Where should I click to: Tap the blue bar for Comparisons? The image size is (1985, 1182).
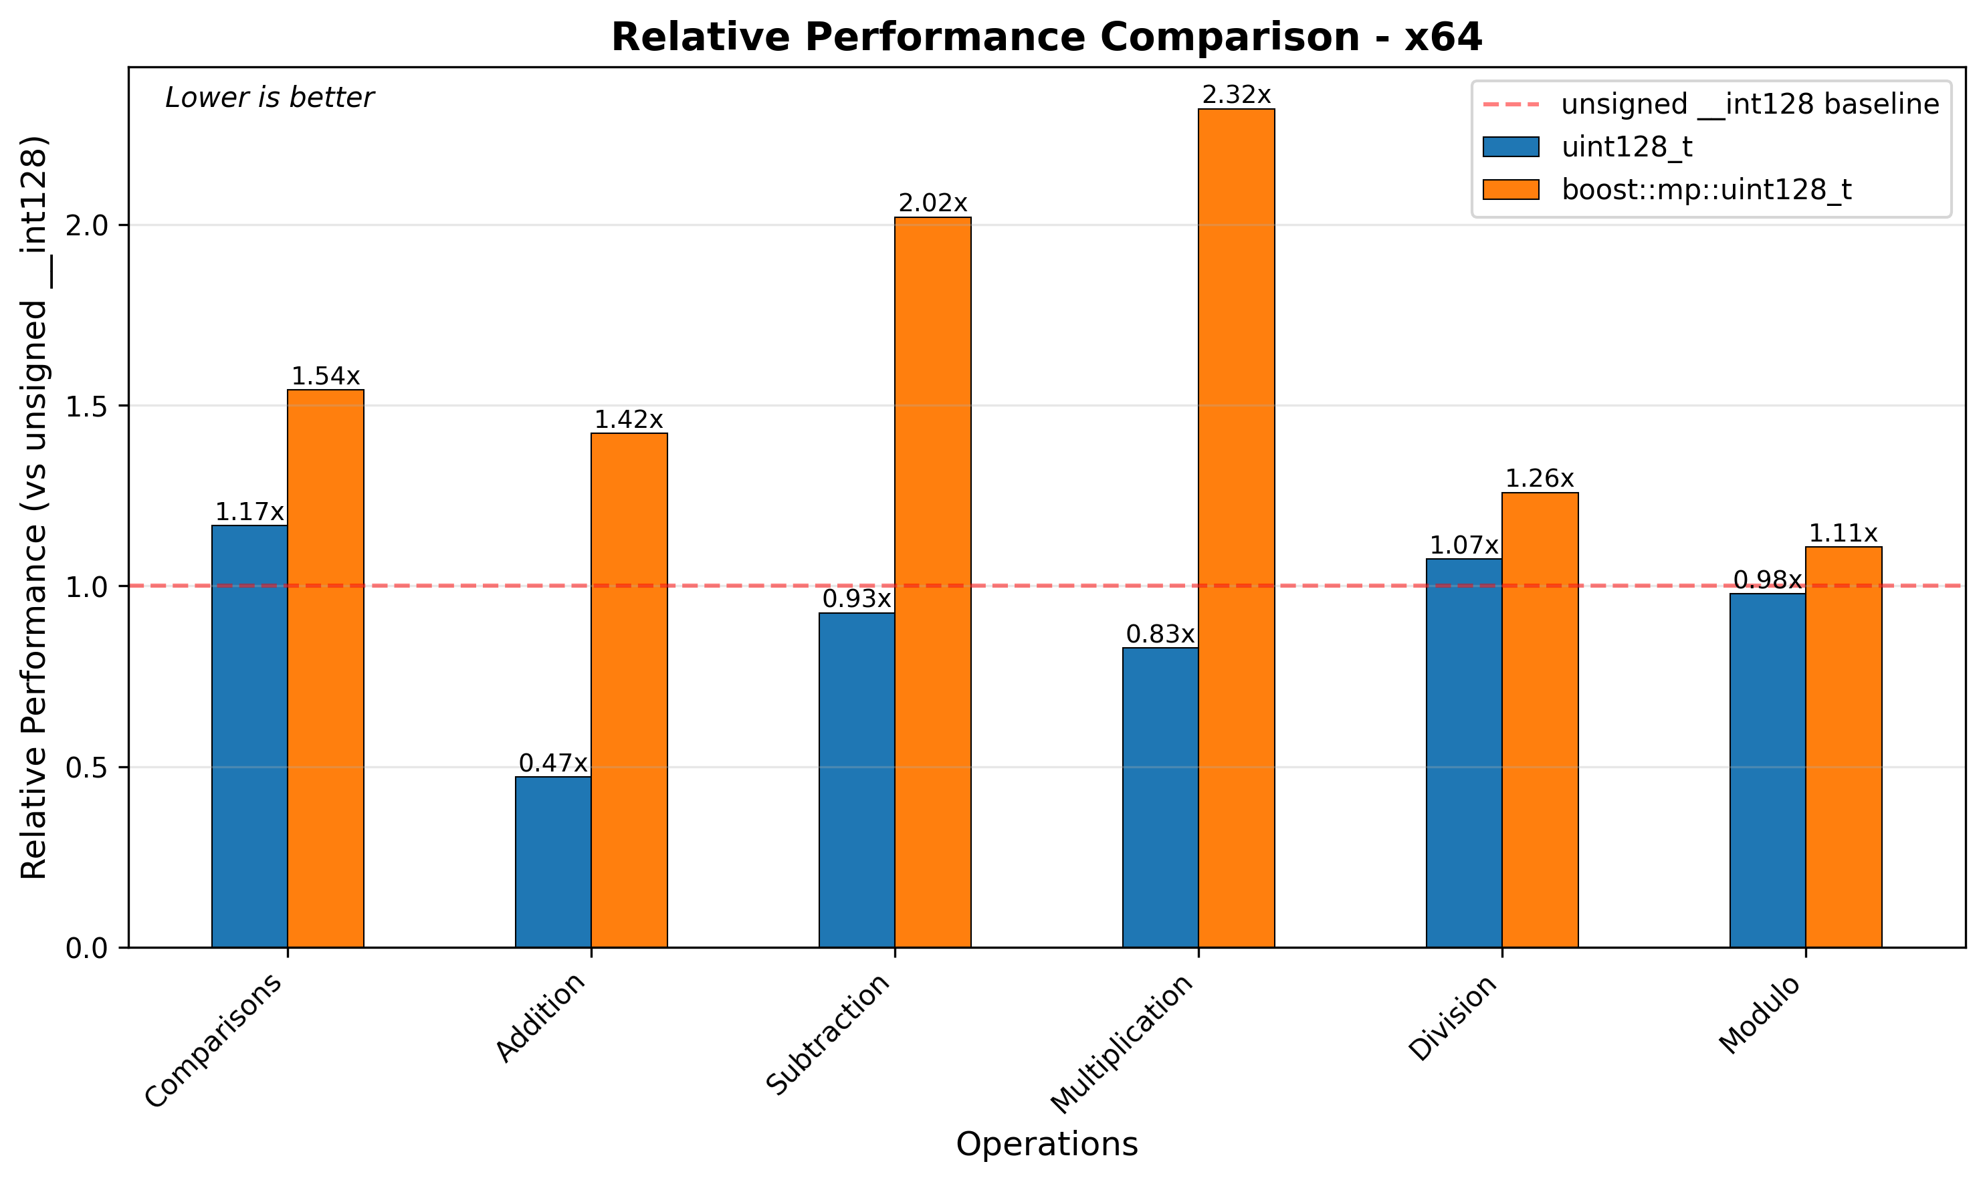(249, 736)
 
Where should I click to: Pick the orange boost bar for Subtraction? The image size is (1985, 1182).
(933, 582)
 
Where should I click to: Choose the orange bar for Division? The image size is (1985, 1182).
(1540, 720)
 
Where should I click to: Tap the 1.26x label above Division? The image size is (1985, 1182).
(1540, 479)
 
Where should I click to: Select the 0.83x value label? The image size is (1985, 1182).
(1160, 635)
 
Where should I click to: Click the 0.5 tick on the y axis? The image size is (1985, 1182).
(96, 767)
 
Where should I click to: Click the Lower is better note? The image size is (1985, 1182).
(270, 98)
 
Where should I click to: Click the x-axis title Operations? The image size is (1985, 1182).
(1047, 1145)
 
